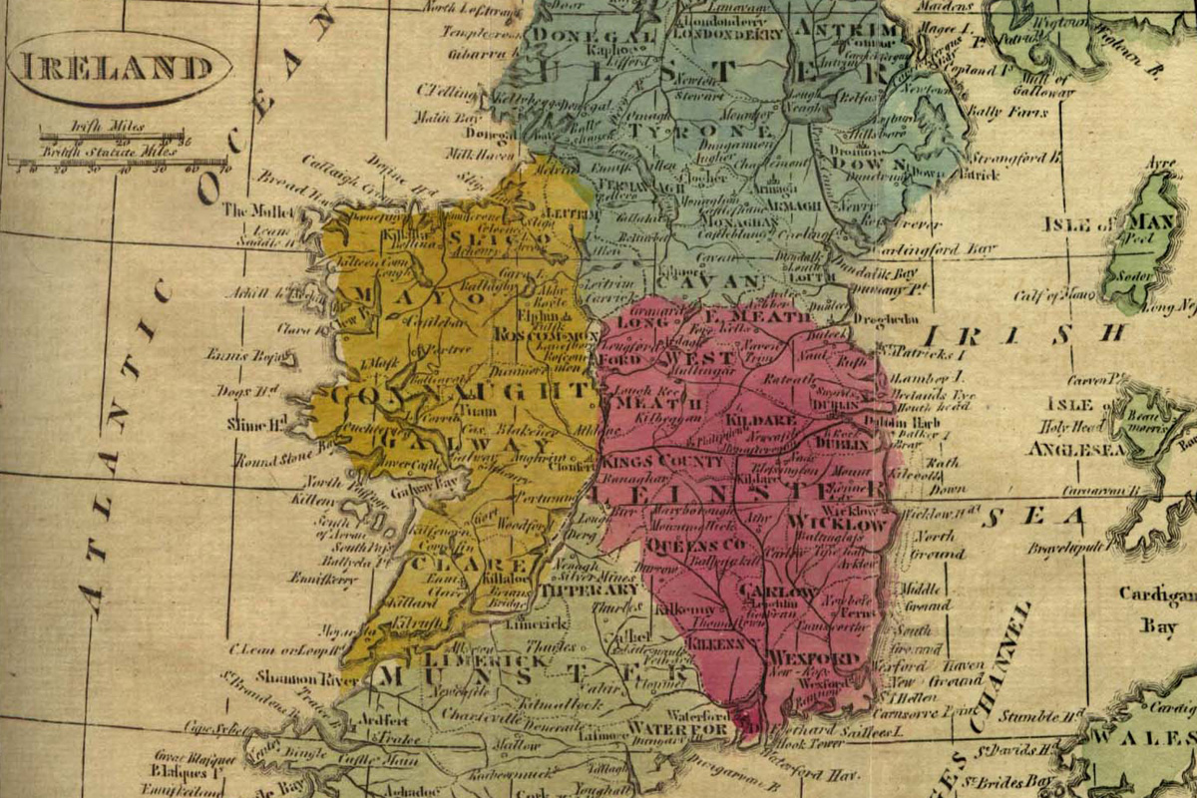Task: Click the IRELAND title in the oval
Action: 118,68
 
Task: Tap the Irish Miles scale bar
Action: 111,135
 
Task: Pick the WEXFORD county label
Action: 813,660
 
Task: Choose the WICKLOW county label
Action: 836,524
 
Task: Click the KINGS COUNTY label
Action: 662,463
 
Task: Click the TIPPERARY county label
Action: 589,590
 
